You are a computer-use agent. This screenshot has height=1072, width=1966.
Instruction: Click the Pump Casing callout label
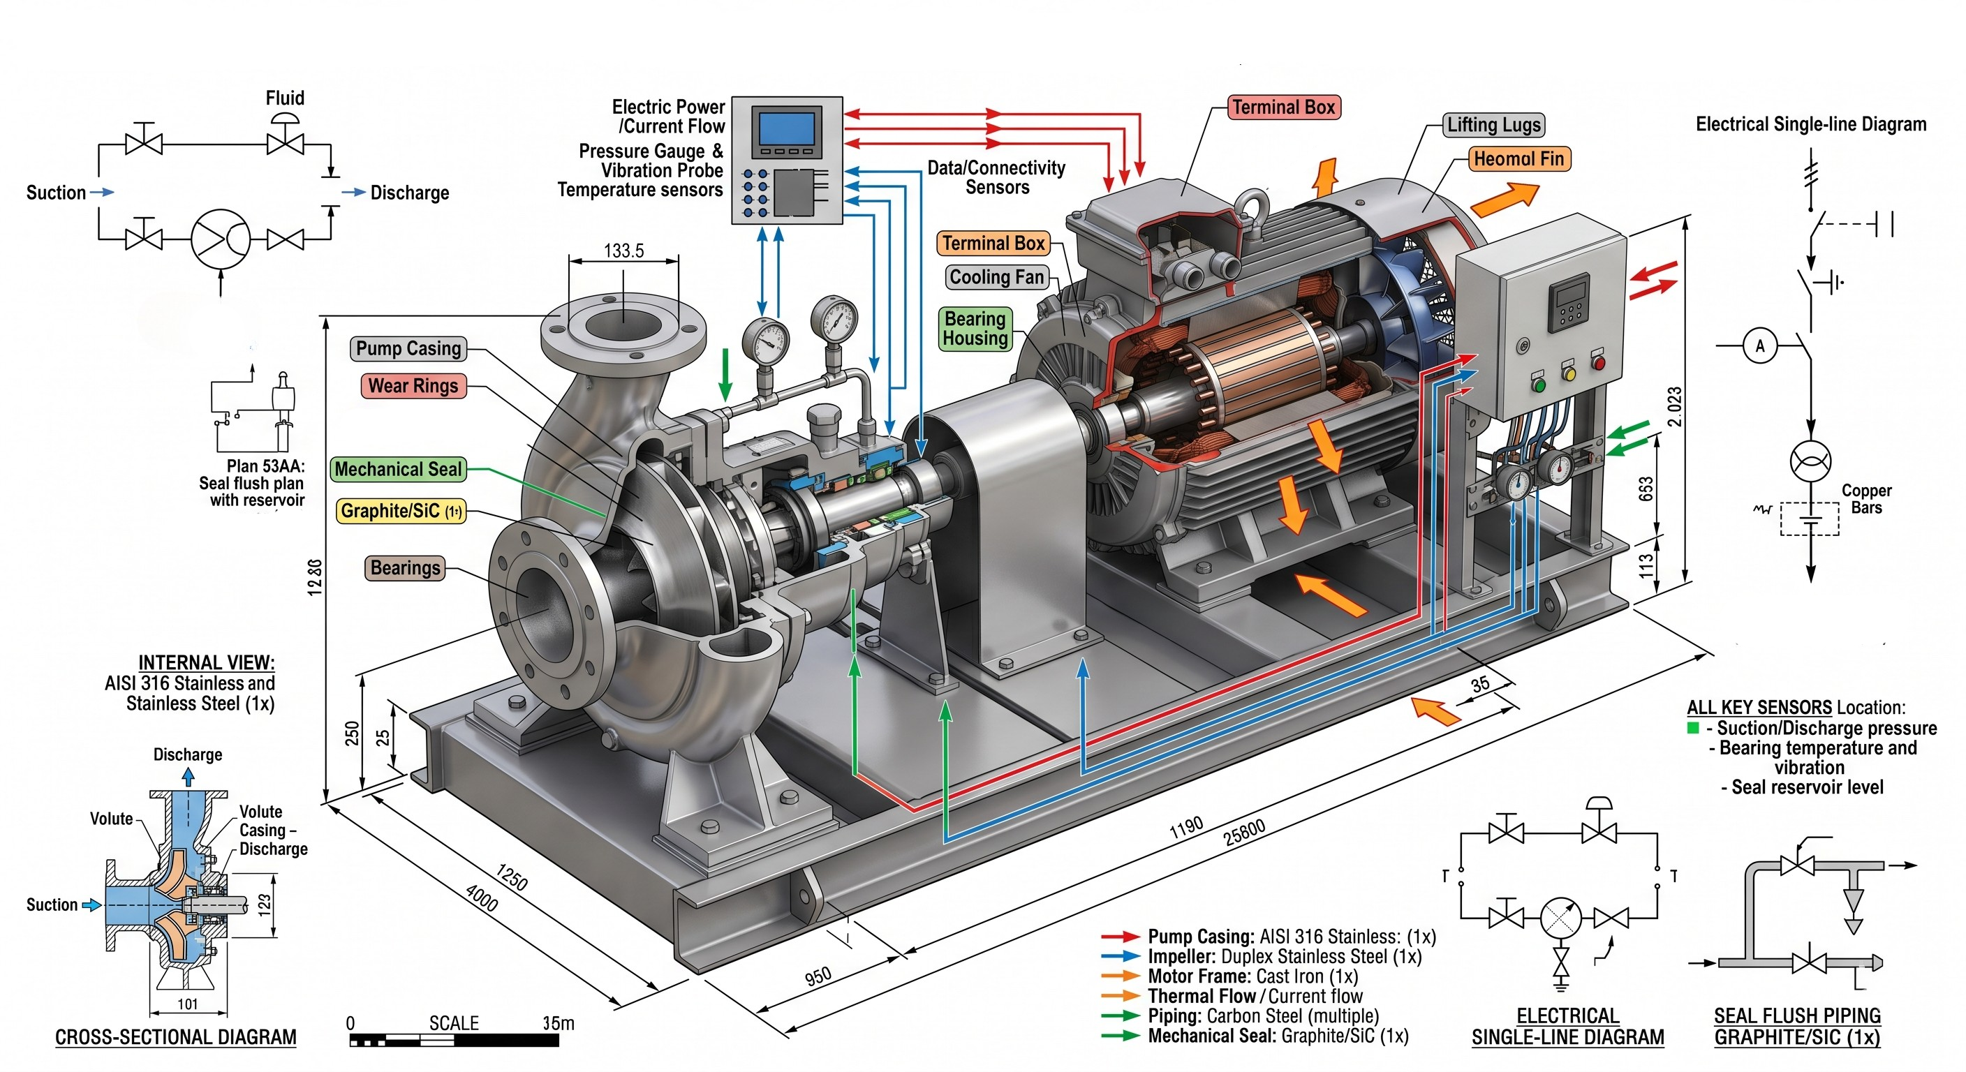408,349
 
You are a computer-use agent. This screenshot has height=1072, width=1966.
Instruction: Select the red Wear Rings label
413,386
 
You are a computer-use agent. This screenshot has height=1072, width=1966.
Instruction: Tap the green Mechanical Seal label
399,469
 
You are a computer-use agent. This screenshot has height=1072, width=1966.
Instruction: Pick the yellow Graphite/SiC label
401,510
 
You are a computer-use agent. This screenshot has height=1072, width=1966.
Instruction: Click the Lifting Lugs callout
1493,124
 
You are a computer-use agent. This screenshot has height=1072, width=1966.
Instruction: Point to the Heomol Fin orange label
1518,158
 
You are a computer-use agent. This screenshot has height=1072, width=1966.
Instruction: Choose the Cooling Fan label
996,277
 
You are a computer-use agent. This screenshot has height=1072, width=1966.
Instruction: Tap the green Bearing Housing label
975,329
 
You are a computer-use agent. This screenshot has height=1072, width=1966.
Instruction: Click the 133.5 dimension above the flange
623,251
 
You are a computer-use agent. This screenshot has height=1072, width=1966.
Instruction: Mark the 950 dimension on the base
818,976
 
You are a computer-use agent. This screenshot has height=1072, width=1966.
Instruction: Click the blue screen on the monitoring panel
787,130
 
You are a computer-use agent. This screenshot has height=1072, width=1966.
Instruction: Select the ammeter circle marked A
1760,346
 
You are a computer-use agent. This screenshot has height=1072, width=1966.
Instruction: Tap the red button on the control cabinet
1598,363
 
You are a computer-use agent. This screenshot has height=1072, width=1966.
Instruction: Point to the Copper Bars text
1866,499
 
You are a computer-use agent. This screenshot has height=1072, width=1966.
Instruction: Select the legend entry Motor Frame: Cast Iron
1252,976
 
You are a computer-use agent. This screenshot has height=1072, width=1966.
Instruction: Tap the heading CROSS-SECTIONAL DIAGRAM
175,1037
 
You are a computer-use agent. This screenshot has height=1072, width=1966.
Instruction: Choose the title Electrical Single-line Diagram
1810,124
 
